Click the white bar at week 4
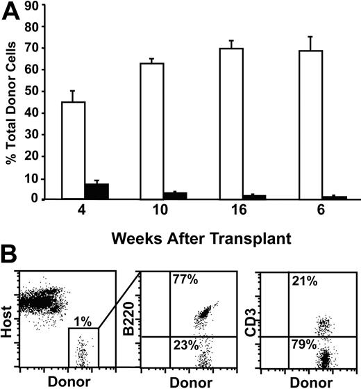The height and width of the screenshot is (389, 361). pyautogui.click(x=74, y=151)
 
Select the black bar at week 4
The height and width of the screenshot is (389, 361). pyautogui.click(x=96, y=192)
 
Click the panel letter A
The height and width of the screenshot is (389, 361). pyautogui.click(x=12, y=13)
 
